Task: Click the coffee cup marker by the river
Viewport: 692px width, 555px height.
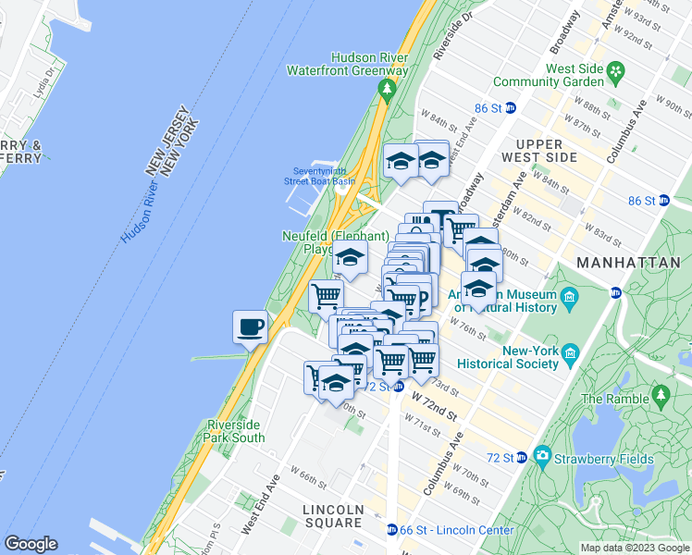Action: [251, 326]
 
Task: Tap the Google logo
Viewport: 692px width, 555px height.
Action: [31, 544]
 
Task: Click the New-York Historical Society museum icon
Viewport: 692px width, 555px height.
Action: [569, 353]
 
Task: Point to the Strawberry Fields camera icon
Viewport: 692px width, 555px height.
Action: [541, 456]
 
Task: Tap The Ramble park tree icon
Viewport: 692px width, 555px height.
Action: [661, 395]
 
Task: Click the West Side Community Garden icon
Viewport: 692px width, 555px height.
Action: [613, 69]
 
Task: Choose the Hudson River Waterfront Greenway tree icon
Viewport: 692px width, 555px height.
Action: [387, 89]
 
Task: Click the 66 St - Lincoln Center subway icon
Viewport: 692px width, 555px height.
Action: [393, 530]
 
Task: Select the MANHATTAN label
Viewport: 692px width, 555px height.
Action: [628, 263]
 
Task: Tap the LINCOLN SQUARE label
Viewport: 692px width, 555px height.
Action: [333, 516]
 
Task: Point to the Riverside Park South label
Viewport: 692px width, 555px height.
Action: [236, 431]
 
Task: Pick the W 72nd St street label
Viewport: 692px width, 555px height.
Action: [435, 404]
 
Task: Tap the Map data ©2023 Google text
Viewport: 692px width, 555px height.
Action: [635, 548]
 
